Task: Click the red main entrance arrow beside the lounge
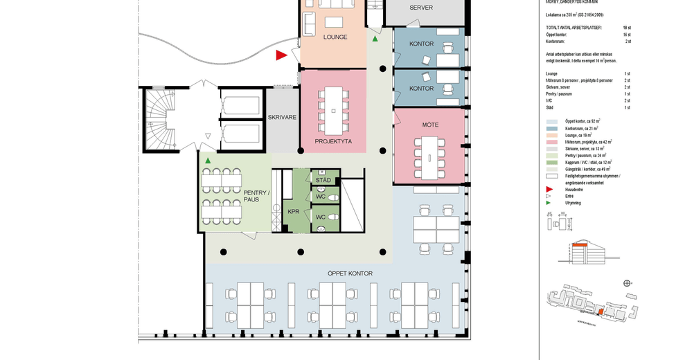[281, 55]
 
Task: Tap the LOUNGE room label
[335, 37]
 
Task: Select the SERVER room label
[421, 8]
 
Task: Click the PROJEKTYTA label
[333, 141]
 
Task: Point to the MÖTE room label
[430, 125]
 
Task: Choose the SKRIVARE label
[282, 118]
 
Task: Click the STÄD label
[323, 180]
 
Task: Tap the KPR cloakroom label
[293, 210]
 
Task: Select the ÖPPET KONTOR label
[350, 273]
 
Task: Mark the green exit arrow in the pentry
[207, 161]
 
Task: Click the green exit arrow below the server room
[375, 39]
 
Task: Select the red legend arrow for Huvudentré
[549, 188]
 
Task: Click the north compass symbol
[627, 283]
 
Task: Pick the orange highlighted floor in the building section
[580, 246]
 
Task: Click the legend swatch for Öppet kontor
[551, 121]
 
